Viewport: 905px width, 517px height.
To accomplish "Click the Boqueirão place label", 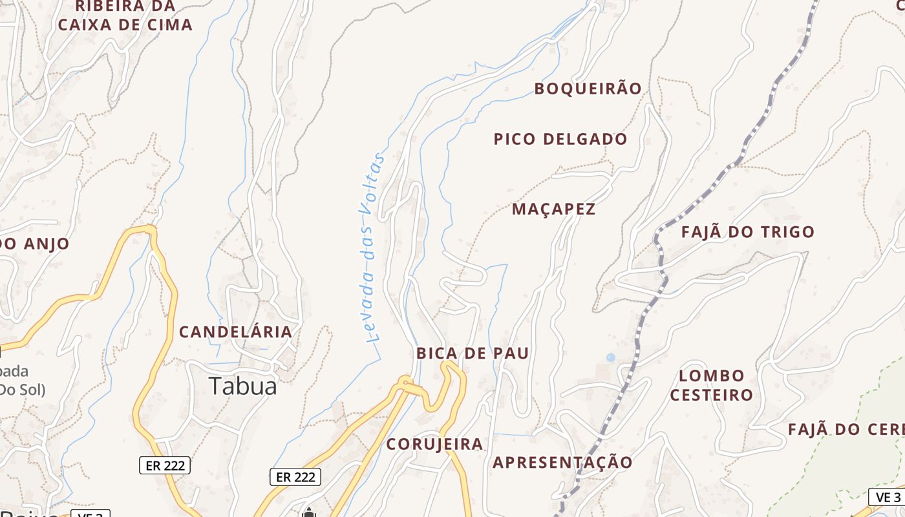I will (588, 89).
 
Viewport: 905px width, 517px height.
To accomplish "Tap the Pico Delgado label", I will (560, 139).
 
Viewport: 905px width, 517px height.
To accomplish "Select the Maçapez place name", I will (553, 209).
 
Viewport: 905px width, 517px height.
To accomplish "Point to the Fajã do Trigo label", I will (747, 232).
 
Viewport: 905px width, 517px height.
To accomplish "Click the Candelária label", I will (235, 332).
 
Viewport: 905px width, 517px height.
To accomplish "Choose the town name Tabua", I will (243, 386).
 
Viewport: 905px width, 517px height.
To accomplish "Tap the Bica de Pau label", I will (473, 353).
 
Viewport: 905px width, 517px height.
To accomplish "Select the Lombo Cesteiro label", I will (711, 385).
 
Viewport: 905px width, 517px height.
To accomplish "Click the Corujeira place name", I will (434, 444).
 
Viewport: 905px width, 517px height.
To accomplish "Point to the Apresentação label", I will (562, 463).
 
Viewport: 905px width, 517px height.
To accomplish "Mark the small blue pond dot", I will (611, 357).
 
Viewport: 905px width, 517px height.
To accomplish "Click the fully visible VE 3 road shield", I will (888, 497).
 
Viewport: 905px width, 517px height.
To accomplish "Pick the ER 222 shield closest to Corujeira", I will (295, 477).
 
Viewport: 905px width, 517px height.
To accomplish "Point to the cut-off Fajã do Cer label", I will (846, 430).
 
